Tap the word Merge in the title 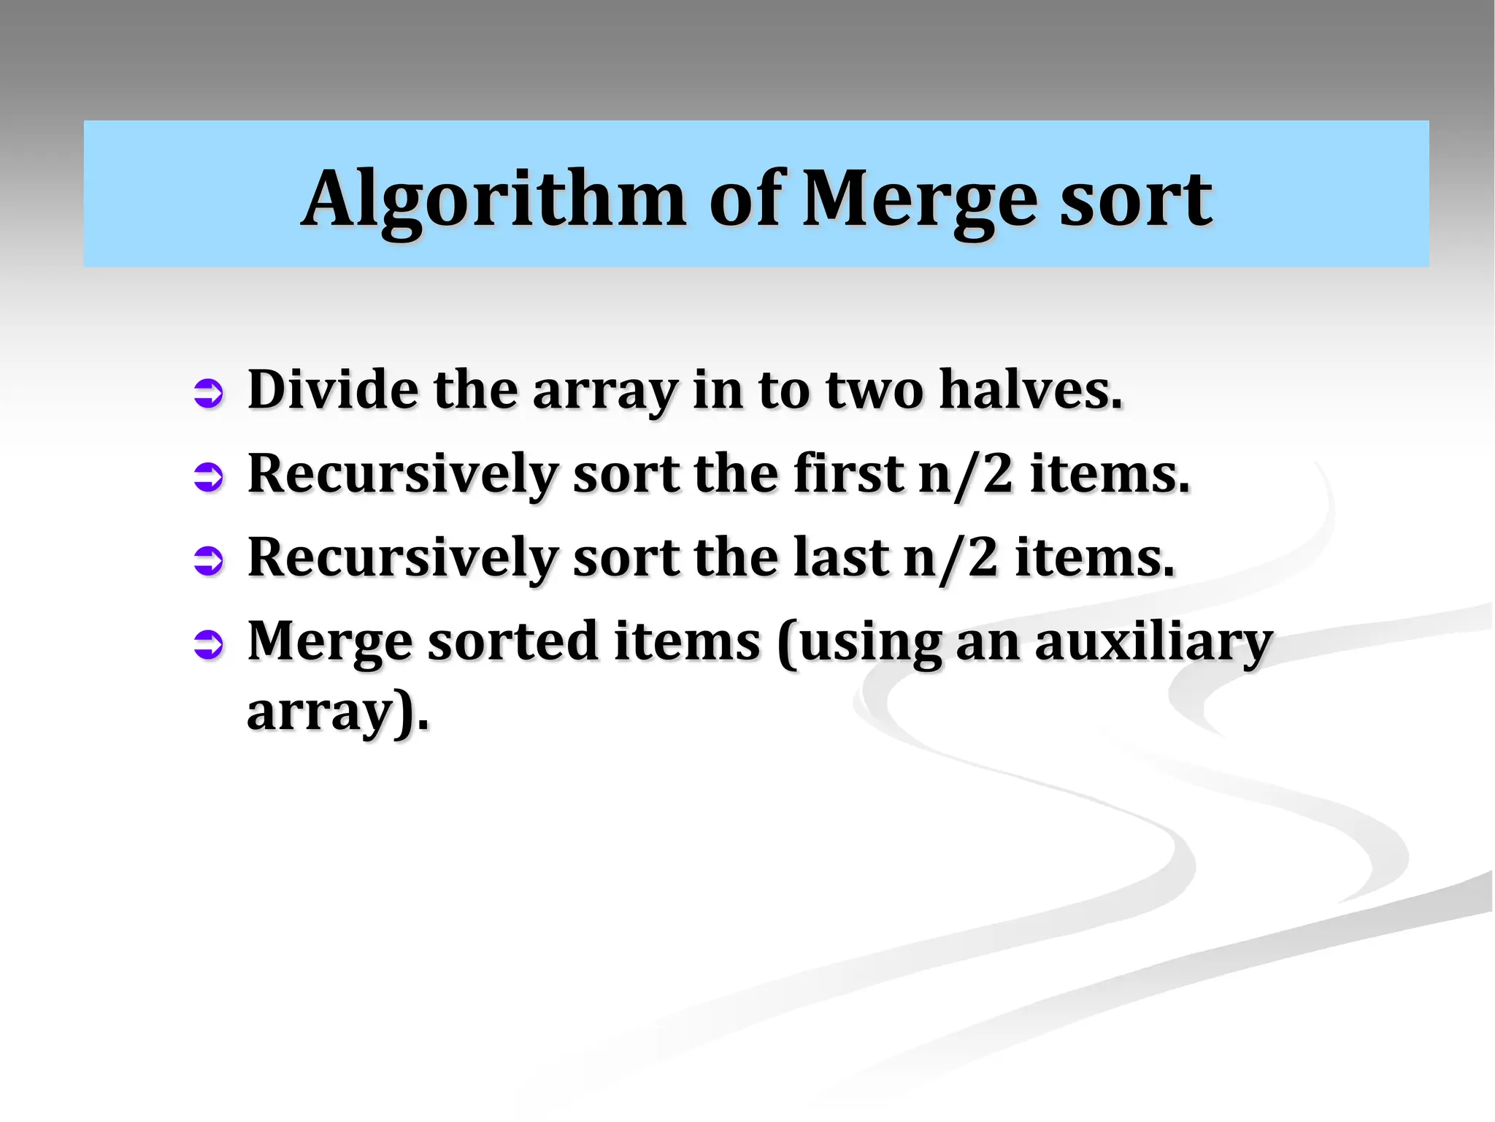pyautogui.click(x=919, y=199)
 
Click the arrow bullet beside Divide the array pyautogui.click(x=209, y=393)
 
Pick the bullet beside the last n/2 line pyautogui.click(x=209, y=561)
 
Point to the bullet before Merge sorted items pyautogui.click(x=209, y=644)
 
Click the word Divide pyautogui.click(x=333, y=389)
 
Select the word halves pyautogui.click(x=1030, y=389)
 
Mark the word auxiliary pyautogui.click(x=1153, y=641)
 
